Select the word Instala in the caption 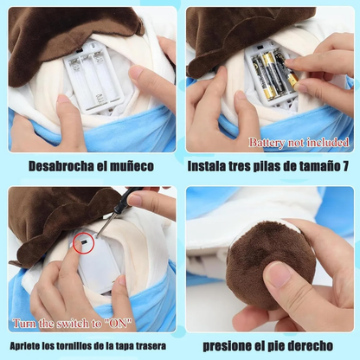tap(212, 165)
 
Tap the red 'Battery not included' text tap(299, 142)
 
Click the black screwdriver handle tap(129, 198)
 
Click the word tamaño tap(317, 165)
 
